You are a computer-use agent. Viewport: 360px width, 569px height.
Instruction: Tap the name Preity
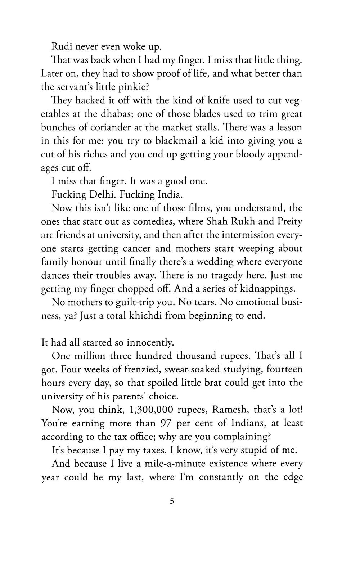click(x=290, y=222)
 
